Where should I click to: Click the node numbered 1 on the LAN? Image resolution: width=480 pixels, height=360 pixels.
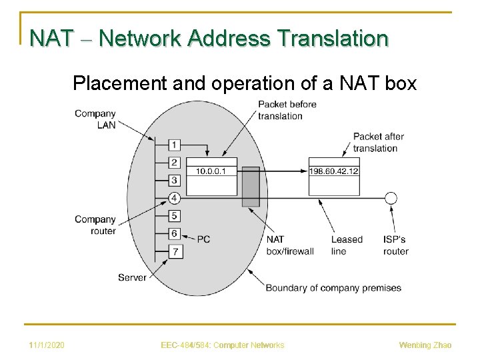(x=174, y=145)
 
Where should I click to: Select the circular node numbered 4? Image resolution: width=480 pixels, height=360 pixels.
(x=174, y=198)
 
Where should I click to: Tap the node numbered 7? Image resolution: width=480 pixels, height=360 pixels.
(x=174, y=251)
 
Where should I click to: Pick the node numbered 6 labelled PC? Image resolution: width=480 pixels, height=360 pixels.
(x=174, y=233)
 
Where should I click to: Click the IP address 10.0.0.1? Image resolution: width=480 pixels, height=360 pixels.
(x=211, y=171)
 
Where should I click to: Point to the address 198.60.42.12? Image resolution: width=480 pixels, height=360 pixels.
(x=334, y=171)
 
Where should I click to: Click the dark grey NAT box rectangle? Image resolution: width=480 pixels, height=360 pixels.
(x=250, y=187)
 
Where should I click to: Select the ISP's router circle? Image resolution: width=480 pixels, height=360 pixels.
(x=391, y=198)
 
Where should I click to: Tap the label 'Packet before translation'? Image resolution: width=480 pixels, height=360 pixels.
(x=287, y=110)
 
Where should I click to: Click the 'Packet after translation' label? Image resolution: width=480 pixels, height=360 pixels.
(x=378, y=142)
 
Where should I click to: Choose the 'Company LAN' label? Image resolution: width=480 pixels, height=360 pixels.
(x=95, y=119)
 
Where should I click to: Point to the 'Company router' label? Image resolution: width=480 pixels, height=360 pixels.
(x=95, y=225)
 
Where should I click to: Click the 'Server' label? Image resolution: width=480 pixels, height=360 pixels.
(x=131, y=277)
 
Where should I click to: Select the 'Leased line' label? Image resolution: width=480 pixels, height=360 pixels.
(x=347, y=245)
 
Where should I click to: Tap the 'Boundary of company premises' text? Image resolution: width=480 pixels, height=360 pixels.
(x=333, y=288)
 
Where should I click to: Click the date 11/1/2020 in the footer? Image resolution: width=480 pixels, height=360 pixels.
(x=47, y=345)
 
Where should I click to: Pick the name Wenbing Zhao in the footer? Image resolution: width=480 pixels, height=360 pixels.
(x=425, y=345)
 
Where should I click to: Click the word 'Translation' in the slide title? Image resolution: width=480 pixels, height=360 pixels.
(x=333, y=38)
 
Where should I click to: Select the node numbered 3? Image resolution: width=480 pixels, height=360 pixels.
(x=174, y=180)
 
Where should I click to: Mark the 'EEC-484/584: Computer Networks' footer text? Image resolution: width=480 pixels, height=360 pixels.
(x=223, y=345)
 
